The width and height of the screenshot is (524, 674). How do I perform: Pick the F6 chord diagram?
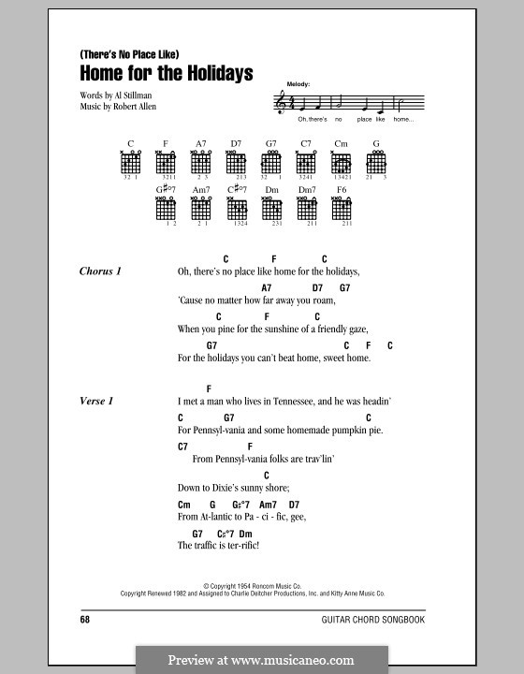tap(342, 211)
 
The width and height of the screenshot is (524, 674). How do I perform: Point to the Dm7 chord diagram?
tap(306, 211)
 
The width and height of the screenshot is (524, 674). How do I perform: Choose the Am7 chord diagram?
tap(200, 211)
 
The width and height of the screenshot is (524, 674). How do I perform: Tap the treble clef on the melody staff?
tap(278, 102)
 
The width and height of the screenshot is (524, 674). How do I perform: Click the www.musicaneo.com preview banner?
tap(261, 659)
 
